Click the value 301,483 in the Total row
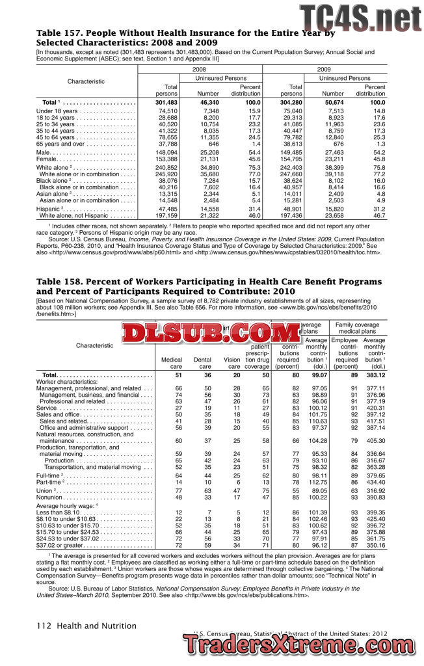[165, 103]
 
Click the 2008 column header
[200, 69]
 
